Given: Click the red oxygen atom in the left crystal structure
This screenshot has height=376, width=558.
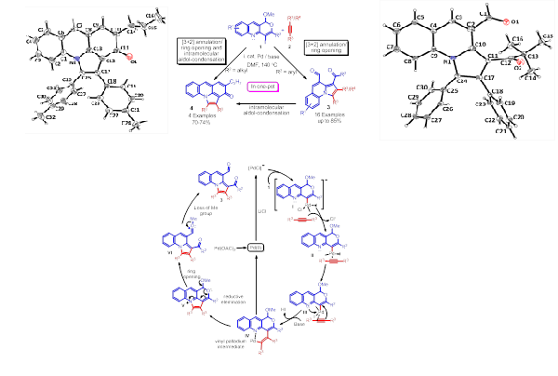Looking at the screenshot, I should pyautogui.click(x=131, y=60).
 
